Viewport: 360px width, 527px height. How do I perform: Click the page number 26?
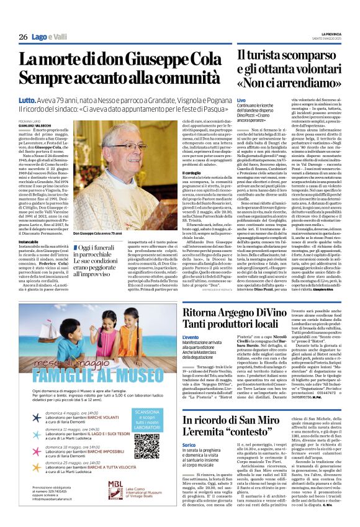tap(23, 37)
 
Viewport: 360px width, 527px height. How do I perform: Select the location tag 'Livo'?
tap(241, 101)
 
